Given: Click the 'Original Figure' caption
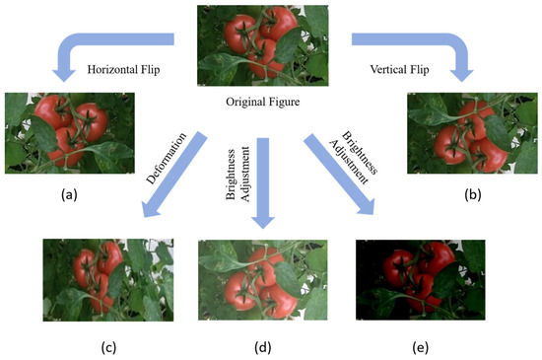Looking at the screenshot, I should [262, 102].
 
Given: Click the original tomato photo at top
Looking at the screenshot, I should [262, 46].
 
